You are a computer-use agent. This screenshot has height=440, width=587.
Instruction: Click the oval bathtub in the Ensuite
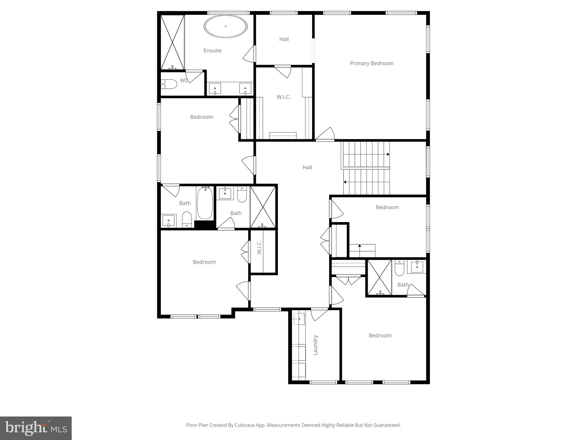coord(226,26)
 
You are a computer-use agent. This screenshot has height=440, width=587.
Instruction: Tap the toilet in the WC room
coord(169,84)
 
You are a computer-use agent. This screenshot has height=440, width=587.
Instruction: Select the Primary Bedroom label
coord(371,63)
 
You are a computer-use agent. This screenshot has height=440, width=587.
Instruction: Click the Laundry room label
coord(316,345)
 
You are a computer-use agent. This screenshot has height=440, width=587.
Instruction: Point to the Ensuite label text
coord(212,51)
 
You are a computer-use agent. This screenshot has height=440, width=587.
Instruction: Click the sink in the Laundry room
coord(299,319)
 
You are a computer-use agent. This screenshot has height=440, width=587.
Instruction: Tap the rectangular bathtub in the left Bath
coord(205,203)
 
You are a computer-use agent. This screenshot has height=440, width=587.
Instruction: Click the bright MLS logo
coord(36,428)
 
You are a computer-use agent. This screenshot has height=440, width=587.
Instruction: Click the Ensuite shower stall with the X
coord(172,42)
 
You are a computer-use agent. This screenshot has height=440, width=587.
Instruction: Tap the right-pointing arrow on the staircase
coord(388,154)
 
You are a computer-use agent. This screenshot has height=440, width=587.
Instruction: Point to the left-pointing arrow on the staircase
coord(345,182)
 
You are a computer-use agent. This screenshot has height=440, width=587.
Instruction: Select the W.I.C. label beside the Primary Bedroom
coord(283,97)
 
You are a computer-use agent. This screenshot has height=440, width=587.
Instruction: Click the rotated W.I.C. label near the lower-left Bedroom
coord(259,247)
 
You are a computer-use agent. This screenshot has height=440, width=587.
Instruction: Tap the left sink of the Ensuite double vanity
coord(215,88)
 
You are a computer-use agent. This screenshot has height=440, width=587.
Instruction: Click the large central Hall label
coord(307,167)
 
